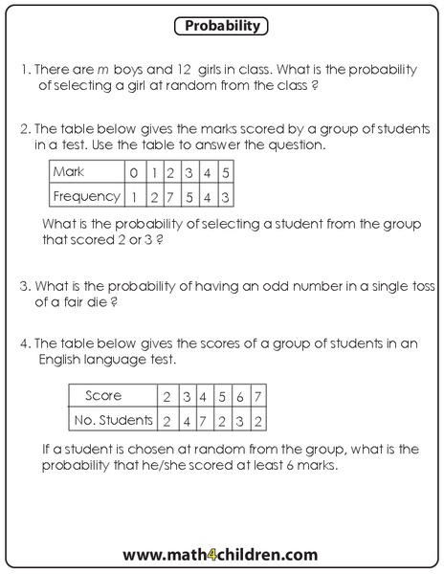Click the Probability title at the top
point(222,27)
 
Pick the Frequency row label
point(87,196)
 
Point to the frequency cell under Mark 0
point(135,196)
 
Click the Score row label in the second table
point(102,396)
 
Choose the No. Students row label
point(113,419)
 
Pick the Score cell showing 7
point(257,396)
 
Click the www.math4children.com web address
point(220,553)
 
